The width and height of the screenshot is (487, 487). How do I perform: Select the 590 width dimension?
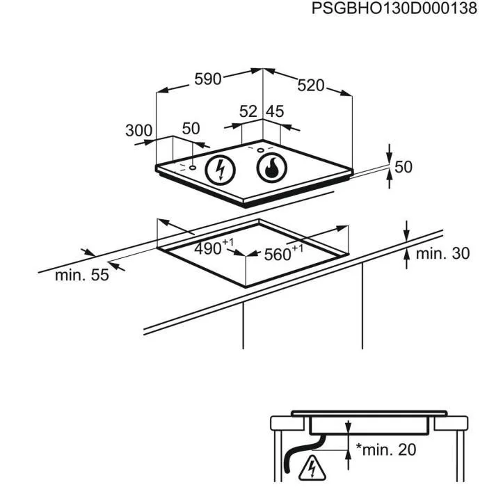pos(207,79)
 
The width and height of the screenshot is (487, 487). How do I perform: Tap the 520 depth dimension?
pos(311,85)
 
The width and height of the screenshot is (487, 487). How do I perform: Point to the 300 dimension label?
pos(138,129)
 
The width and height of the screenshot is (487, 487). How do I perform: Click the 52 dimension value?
pos(248,111)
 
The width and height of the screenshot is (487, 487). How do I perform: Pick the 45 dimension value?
pos(276,111)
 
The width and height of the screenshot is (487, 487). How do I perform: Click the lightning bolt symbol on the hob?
pos(220,168)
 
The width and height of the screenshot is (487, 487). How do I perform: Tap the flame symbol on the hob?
pos(271,168)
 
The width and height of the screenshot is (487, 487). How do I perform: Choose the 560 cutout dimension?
pos(280,254)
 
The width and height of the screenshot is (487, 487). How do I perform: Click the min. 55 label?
pos(82,275)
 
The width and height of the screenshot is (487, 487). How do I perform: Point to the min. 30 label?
pos(442,253)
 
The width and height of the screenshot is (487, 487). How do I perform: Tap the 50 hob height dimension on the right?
pos(404,167)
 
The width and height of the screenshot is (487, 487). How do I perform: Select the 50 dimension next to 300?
pos(191,129)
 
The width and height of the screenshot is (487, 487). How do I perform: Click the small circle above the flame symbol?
pos(260,149)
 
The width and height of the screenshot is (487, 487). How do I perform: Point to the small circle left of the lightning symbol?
pos(191,168)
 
